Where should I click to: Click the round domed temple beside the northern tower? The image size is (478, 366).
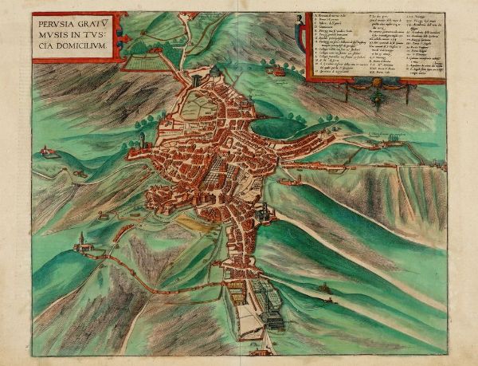(214, 73)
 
